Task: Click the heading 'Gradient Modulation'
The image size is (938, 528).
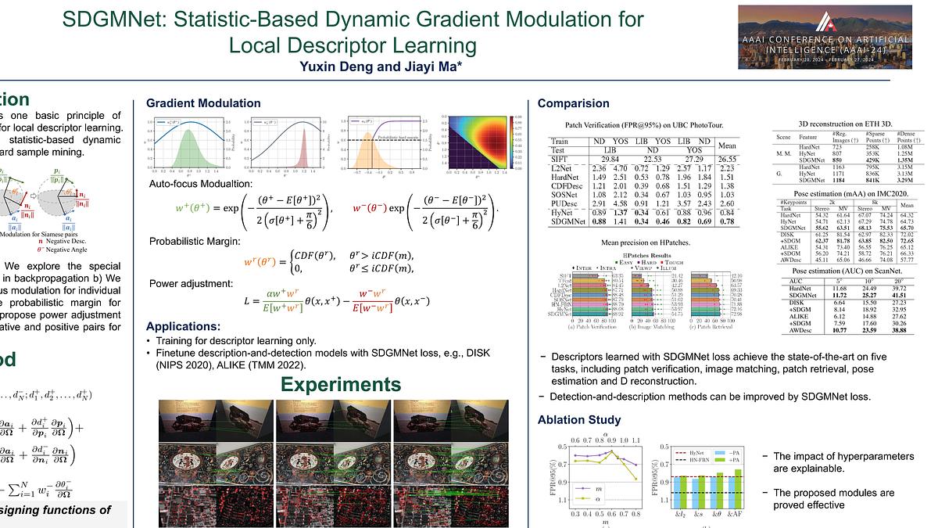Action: tap(203, 103)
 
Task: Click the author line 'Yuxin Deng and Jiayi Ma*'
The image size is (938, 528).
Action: tap(381, 66)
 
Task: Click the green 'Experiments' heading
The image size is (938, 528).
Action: tap(340, 384)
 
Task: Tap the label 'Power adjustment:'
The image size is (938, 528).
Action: tap(184, 284)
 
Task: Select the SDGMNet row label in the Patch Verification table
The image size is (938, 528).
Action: tap(566, 222)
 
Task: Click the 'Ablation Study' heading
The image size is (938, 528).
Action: tap(579, 420)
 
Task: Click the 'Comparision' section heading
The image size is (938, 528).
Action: tap(573, 103)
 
